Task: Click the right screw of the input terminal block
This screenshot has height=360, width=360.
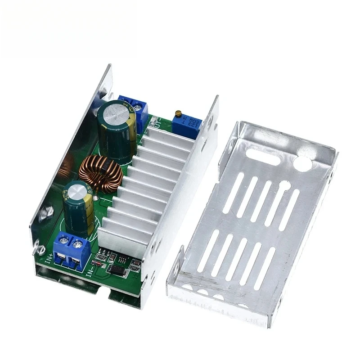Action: [x=79, y=245]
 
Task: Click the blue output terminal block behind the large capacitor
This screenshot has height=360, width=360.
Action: [x=135, y=110]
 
